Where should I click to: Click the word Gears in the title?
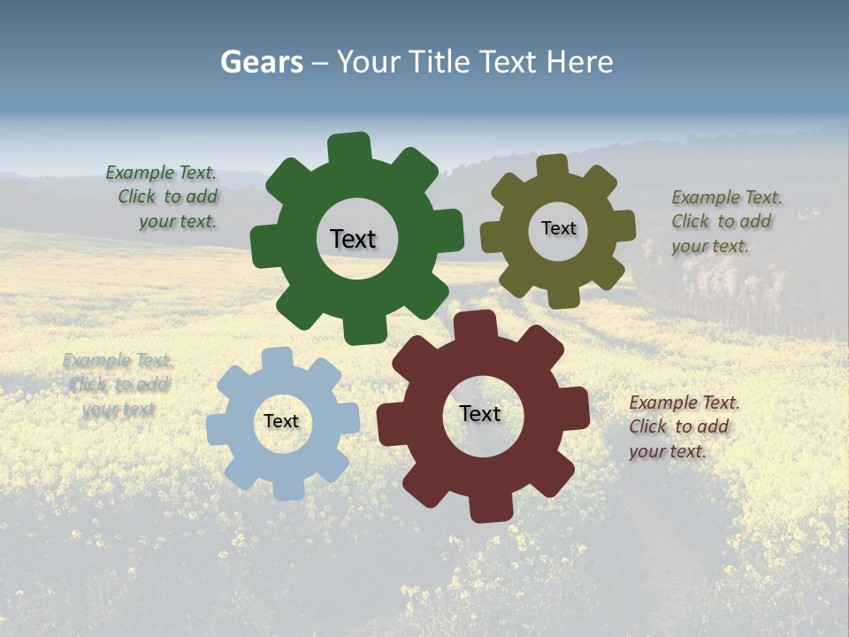261,62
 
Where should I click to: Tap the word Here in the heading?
579,62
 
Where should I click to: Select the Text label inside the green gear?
353,239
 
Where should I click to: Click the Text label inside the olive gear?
558,228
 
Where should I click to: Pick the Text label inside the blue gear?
281,422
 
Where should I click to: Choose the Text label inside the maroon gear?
480,414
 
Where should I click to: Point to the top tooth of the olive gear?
553,167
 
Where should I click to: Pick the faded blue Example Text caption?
118,385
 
